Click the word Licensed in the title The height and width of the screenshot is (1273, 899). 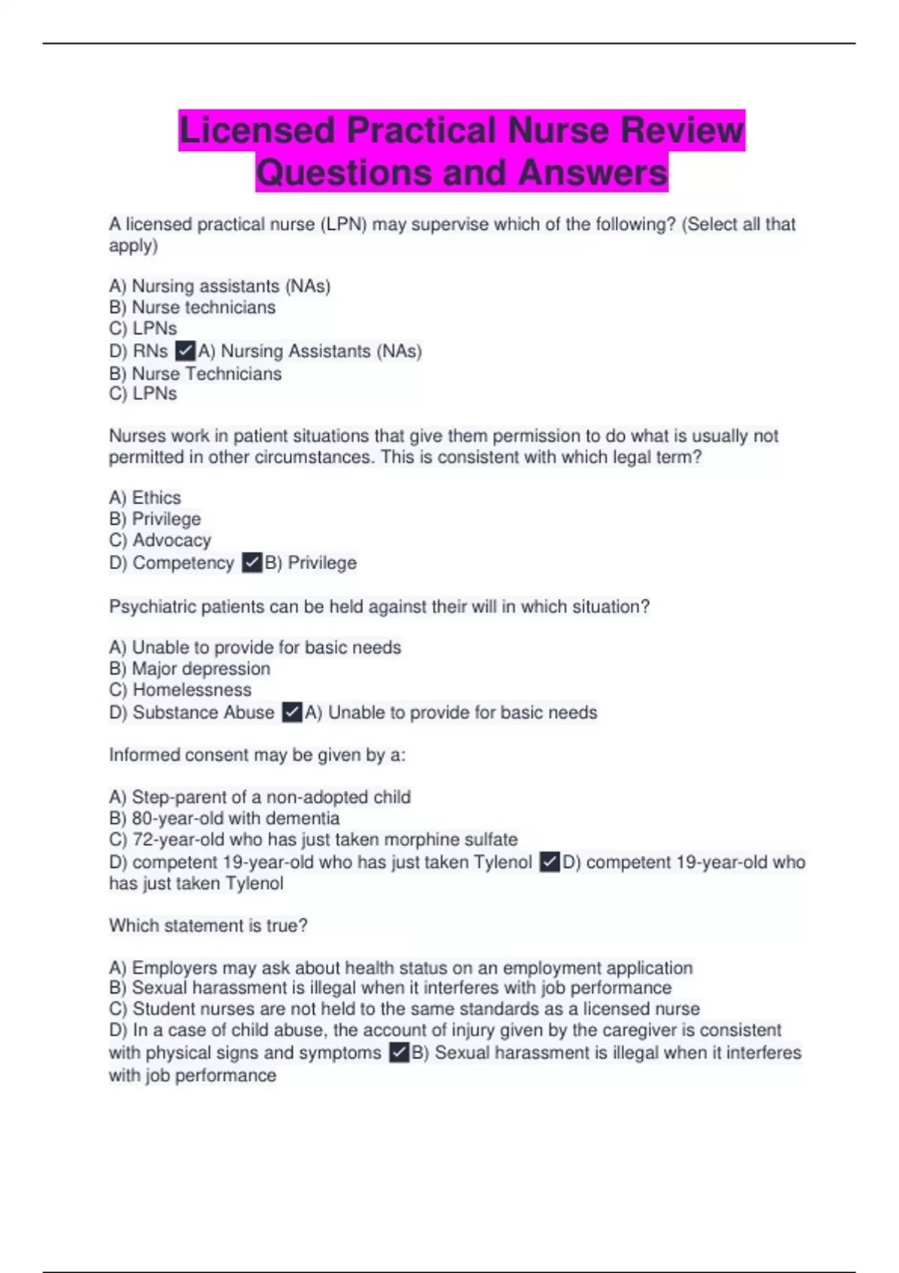[x=257, y=130]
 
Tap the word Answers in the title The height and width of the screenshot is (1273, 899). [x=592, y=172]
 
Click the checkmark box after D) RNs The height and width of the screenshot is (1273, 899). [x=185, y=350]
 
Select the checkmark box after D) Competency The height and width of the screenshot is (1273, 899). [x=252, y=562]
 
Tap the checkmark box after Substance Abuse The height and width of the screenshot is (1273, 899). [x=292, y=712]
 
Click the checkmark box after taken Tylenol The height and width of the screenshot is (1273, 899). [x=549, y=862]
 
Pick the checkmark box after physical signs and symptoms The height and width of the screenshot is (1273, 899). [x=399, y=1053]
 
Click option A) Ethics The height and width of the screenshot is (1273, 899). [x=145, y=498]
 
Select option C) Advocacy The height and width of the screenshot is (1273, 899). [x=160, y=540]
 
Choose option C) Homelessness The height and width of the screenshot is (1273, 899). [x=180, y=690]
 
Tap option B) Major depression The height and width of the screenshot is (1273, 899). [x=190, y=669]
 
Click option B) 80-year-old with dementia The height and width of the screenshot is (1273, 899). [x=224, y=818]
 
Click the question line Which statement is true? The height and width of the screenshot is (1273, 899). [x=208, y=926]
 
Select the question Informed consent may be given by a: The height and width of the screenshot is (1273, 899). [x=257, y=755]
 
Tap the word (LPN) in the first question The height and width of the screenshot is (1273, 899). [x=343, y=225]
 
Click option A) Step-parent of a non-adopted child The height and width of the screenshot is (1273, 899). [x=259, y=797]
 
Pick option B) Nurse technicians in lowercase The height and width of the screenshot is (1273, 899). [x=192, y=308]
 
